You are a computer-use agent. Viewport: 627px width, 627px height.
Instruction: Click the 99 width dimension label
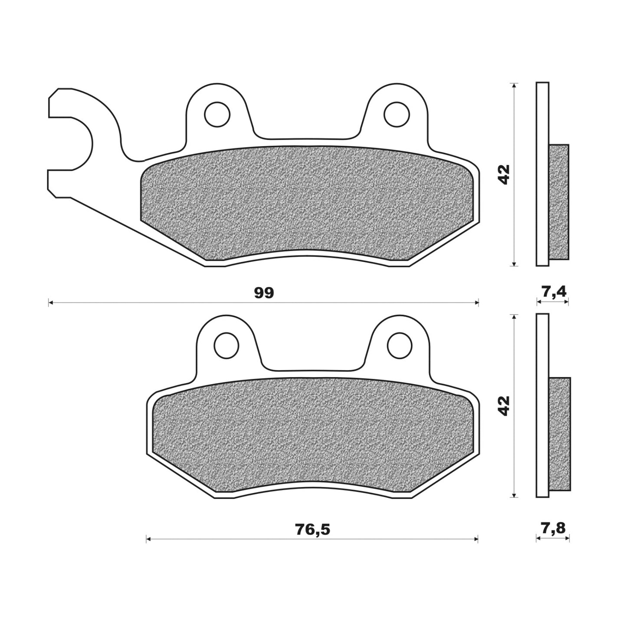pyautogui.click(x=264, y=293)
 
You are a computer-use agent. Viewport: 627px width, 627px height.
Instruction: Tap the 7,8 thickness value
pyautogui.click(x=553, y=528)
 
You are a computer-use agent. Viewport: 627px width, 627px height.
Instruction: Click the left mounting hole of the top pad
pyautogui.click(x=217, y=114)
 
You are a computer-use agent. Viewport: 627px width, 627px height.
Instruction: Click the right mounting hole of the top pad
pyautogui.click(x=397, y=114)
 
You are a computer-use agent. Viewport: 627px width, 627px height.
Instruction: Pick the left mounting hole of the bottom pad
pyautogui.click(x=226, y=345)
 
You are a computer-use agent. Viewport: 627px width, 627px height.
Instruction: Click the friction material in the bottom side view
pyautogui.click(x=560, y=434)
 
